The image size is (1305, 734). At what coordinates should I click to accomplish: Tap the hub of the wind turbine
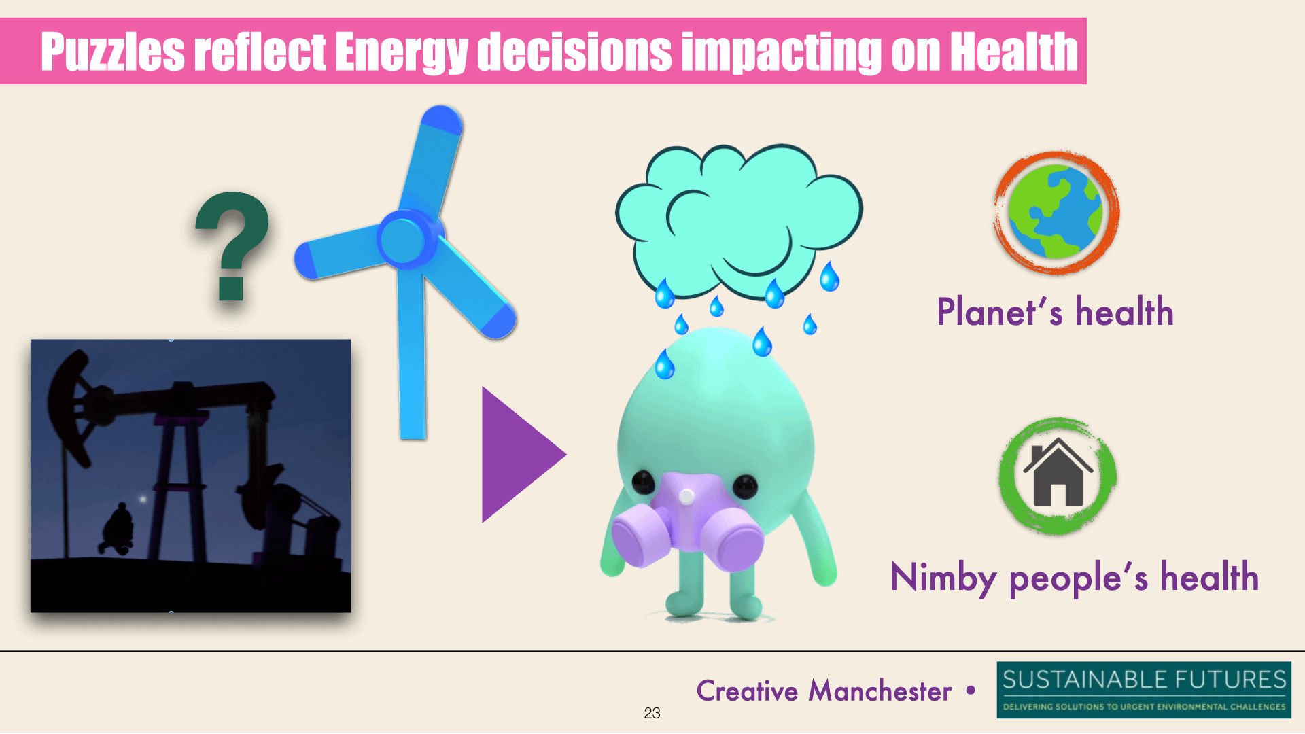click(404, 239)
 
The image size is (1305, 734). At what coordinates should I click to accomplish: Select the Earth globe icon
click(1056, 213)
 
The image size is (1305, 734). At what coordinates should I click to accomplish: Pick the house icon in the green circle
click(1058, 474)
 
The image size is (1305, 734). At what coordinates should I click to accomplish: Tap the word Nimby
click(943, 578)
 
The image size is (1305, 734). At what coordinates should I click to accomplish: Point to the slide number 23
click(652, 713)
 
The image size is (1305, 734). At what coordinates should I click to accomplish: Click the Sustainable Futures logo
click(1144, 690)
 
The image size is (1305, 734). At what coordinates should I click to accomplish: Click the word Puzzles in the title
click(113, 52)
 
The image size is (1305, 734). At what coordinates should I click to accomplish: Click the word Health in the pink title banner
click(1013, 52)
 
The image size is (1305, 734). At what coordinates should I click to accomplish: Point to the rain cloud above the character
click(739, 221)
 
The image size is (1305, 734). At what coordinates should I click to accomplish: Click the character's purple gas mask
click(686, 520)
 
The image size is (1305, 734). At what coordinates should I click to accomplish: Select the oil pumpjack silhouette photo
click(191, 476)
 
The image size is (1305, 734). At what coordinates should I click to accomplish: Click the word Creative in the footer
click(747, 691)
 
